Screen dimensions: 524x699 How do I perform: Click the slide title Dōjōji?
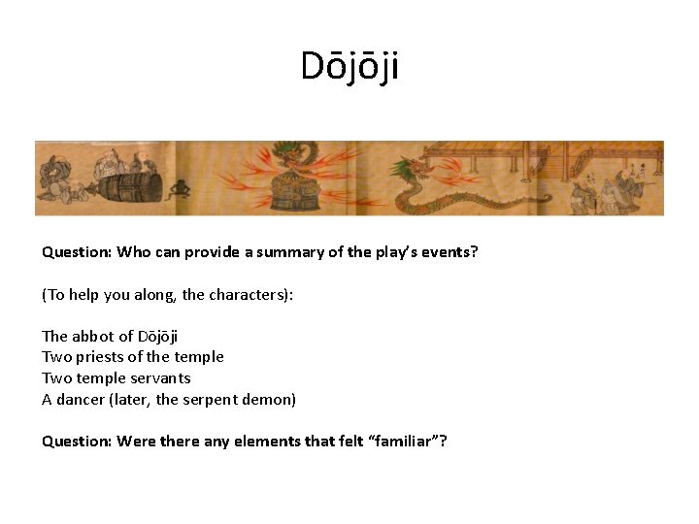pos(349,67)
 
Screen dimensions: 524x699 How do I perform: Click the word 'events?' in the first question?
pos(450,252)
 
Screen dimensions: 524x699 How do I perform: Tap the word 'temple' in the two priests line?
pos(199,357)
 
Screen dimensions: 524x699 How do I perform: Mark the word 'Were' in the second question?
pos(135,442)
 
